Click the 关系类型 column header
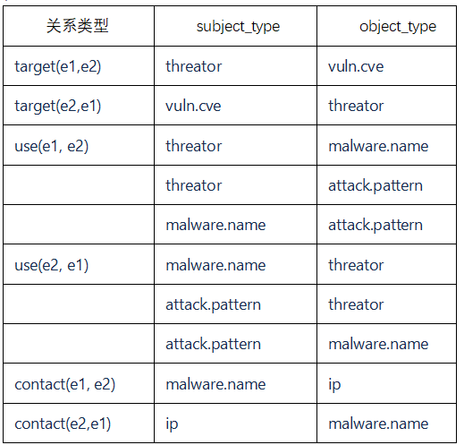coord(77,26)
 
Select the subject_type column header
coord(238,27)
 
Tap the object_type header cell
coord(398,27)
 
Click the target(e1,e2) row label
coord(58,66)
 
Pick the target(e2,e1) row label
coord(58,107)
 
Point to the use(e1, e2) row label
coord(52,146)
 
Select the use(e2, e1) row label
coord(52,265)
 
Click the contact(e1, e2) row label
coord(65,384)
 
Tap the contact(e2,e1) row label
coord(63,424)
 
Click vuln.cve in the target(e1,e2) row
coord(356,66)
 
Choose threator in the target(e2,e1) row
coord(356,106)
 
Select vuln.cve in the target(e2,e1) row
coord(193,106)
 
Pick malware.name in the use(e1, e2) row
coord(378,146)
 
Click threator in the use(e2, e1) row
coord(356,265)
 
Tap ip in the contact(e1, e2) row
coord(334,385)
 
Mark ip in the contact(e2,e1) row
coord(172,424)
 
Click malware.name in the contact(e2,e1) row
coord(378,424)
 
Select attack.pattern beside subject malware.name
coord(375,226)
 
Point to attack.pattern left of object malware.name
coord(213,345)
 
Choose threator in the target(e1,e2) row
coord(194,66)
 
